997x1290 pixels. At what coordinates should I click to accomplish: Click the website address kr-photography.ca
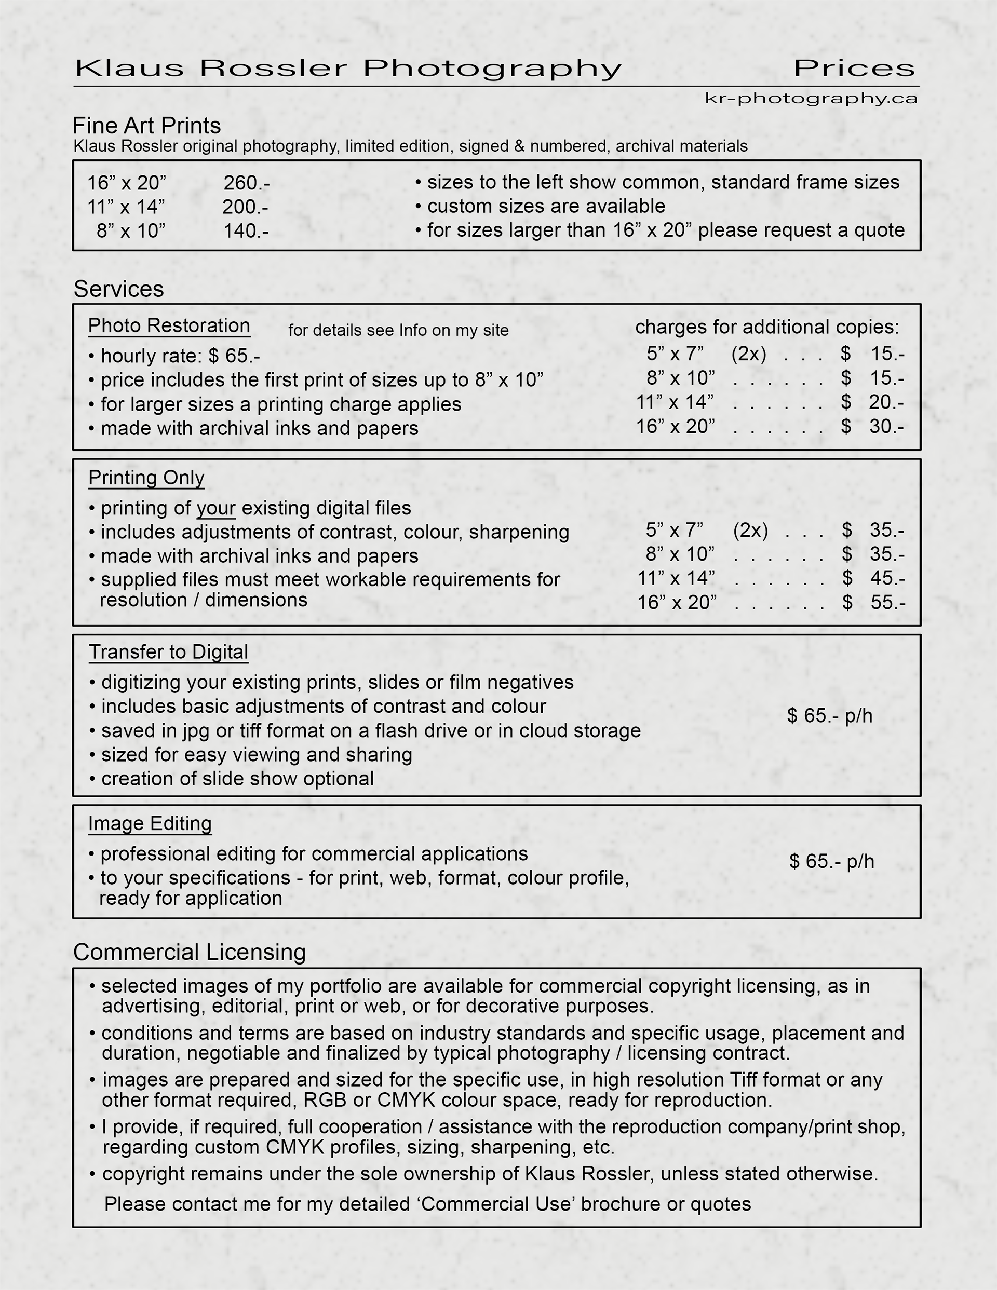coord(810,98)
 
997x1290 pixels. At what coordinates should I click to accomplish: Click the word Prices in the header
coord(854,69)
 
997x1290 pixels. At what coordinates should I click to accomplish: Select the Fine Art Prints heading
coord(146,126)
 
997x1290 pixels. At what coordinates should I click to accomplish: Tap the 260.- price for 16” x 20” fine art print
coord(247,183)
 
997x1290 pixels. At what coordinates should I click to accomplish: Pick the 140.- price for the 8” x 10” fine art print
coord(246,231)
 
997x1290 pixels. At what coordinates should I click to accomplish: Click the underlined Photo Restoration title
coord(169,326)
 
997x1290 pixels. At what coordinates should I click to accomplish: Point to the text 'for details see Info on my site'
coord(398,330)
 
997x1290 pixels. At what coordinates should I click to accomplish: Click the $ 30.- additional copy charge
coord(872,427)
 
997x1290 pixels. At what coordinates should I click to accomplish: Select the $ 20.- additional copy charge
coord(872,402)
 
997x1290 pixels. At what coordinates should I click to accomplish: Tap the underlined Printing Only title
coord(146,478)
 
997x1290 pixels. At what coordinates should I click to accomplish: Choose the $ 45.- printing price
coord(873,578)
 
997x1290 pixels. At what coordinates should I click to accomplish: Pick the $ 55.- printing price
coord(873,603)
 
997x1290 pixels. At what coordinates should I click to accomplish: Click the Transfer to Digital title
coord(168,652)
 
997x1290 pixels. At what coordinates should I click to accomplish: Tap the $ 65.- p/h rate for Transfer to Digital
coord(830,716)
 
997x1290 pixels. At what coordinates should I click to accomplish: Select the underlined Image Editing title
coord(150,823)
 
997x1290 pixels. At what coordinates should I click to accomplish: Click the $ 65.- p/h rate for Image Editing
coord(831,861)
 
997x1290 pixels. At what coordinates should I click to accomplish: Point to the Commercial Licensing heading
coord(190,952)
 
